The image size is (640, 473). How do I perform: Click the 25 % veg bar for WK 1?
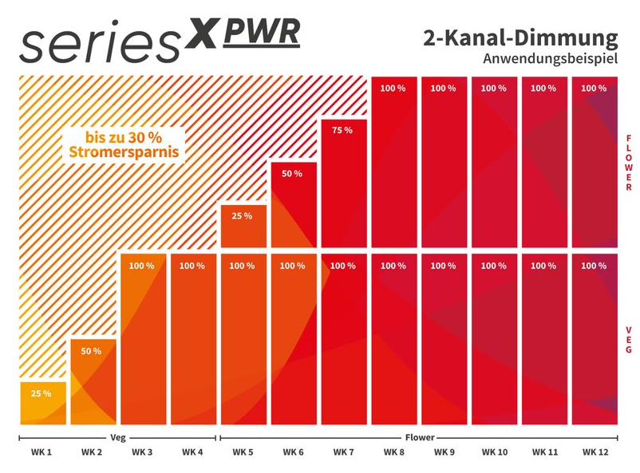[x=43, y=404]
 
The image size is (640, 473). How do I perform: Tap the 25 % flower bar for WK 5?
[x=243, y=225]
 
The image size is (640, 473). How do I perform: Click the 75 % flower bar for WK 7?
[x=343, y=183]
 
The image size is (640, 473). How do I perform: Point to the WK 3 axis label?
[x=142, y=452]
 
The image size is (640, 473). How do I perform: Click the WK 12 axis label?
[x=595, y=452]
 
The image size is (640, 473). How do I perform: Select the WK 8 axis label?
[x=393, y=452]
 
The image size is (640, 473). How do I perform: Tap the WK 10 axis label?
[x=494, y=452]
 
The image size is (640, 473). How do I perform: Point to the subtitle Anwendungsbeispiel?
[x=551, y=58]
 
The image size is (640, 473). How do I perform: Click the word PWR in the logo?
[x=262, y=32]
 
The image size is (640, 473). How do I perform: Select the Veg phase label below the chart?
[x=117, y=437]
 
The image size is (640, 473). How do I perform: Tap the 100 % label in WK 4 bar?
[x=192, y=266]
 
